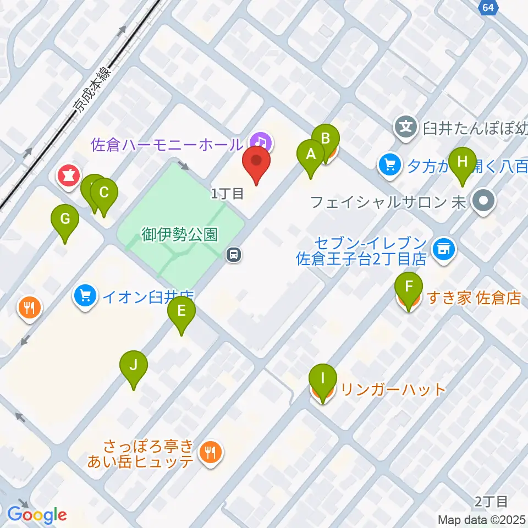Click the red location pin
(x=256, y=164)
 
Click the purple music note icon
(x=262, y=142)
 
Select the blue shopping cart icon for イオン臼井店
(x=85, y=297)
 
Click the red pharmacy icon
(x=69, y=176)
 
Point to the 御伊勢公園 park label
(x=180, y=235)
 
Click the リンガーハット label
(x=393, y=390)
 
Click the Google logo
(x=37, y=515)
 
